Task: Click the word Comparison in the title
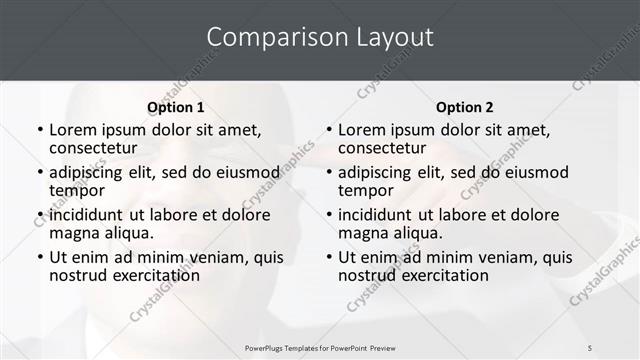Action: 264,37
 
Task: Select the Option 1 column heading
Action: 175,107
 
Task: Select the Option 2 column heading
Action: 464,107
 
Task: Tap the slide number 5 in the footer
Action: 591,348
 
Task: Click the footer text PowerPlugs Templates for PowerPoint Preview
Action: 320,348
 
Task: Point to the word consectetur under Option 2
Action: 381,148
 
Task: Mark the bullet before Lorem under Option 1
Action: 39,130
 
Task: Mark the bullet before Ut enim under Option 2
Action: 328,257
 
